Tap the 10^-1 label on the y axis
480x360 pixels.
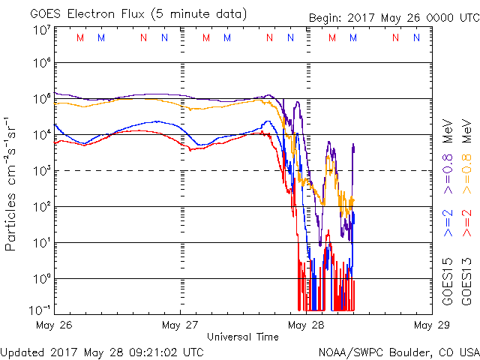[42, 308]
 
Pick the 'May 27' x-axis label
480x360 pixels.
[179, 325]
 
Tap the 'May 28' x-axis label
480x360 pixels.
[304, 325]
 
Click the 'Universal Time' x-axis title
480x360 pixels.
[242, 337]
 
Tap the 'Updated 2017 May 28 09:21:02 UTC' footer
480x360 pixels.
[101, 351]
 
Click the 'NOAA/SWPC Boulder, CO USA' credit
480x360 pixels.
[398, 351]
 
